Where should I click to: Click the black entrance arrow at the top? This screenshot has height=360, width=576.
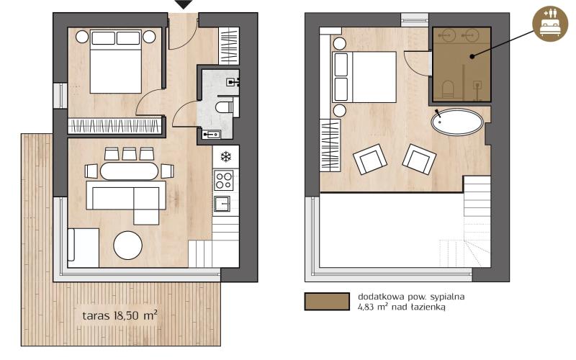point(184,4)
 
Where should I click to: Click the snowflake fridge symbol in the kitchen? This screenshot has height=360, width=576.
point(225,156)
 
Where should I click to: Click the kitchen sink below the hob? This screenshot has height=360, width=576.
point(223,203)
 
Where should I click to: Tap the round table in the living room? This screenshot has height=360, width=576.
point(128,245)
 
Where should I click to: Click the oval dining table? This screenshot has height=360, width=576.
point(129,171)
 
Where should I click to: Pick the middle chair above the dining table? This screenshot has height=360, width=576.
point(130,153)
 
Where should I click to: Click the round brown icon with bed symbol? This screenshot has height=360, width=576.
point(550,24)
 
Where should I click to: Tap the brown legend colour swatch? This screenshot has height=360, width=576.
point(325,301)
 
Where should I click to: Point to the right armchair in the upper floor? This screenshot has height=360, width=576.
point(418,158)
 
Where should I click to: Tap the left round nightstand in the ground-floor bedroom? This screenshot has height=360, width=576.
point(82,35)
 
